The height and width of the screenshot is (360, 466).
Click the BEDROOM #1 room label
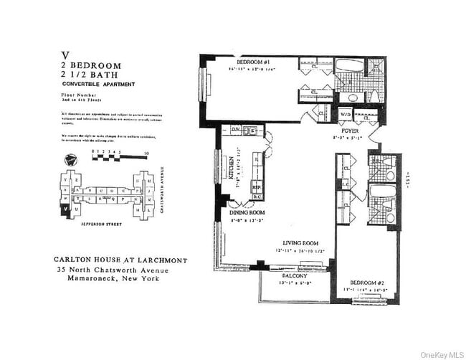[x=254, y=62]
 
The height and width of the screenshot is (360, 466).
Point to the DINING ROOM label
[x=247, y=213]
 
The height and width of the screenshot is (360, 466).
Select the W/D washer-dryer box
[x=345, y=115]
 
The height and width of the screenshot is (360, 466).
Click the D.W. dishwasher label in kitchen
[x=234, y=130]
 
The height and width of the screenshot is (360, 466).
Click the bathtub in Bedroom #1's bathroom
[x=350, y=65]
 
